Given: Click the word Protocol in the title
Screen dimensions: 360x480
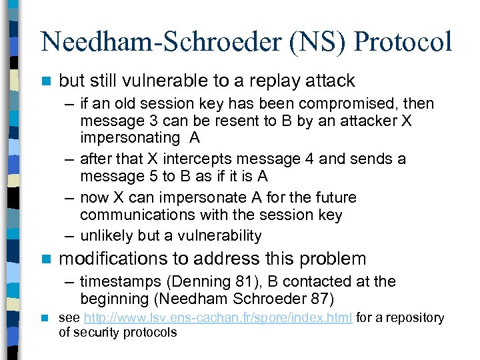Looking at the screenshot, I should pyautogui.click(x=403, y=41).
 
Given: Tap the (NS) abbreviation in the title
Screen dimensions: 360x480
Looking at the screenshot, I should pyautogui.click(x=313, y=41).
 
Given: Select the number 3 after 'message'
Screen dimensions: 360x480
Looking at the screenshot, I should pyautogui.click(x=137, y=121).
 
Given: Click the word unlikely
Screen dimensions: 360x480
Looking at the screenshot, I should pyautogui.click(x=106, y=235).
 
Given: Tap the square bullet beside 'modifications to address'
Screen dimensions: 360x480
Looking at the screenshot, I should pyautogui.click(x=45, y=259).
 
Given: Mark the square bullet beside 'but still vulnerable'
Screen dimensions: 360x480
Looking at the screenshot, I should pyautogui.click(x=45, y=81).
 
